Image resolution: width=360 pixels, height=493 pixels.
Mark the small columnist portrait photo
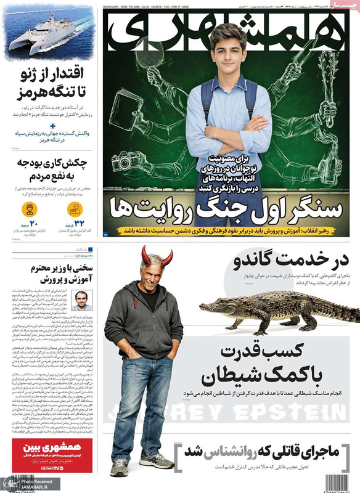[x=80, y=300]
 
